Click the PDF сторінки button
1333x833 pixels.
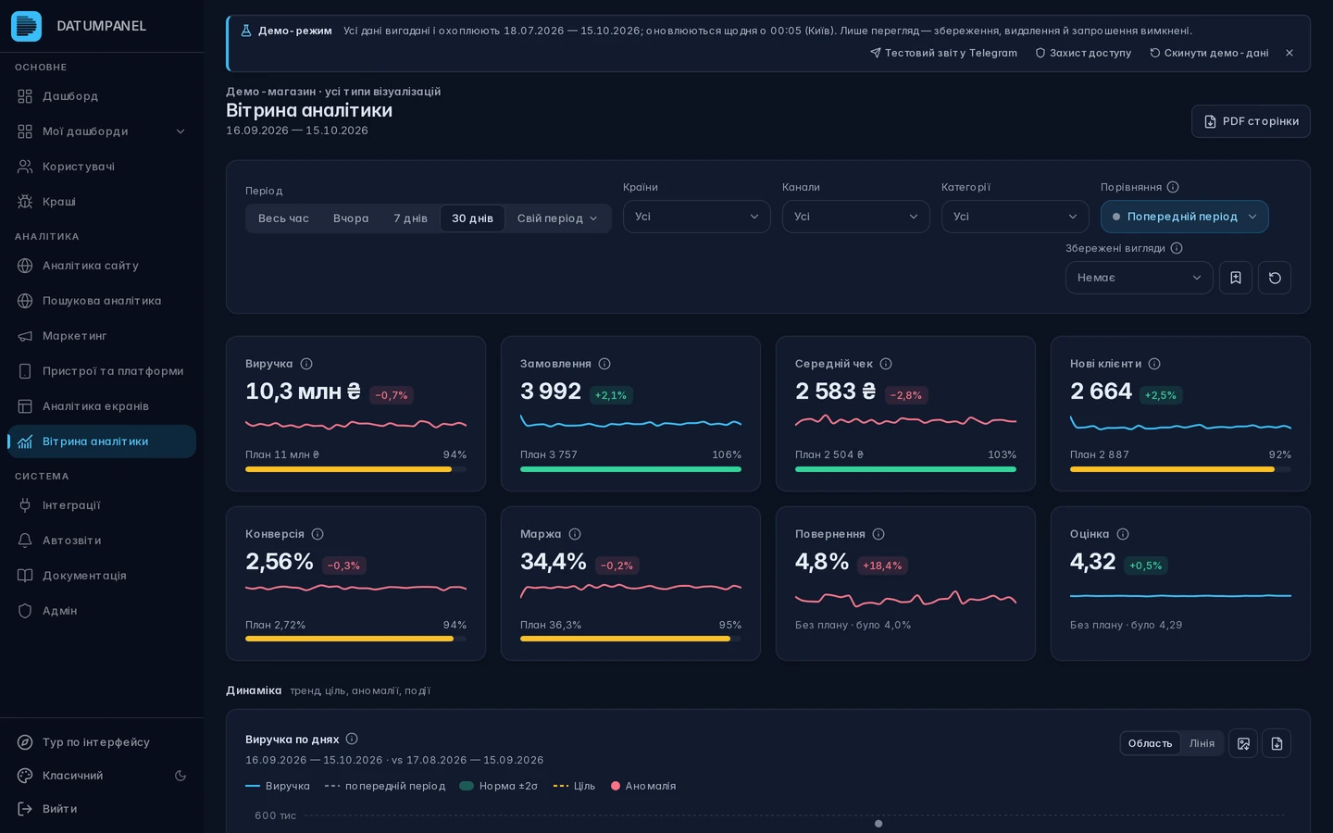coord(1251,121)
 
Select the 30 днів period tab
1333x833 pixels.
coord(472,218)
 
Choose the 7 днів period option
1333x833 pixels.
coord(410,218)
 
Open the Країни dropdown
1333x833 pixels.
coord(696,217)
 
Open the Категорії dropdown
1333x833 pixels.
coord(1015,217)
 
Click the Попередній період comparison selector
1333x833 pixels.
coord(1184,217)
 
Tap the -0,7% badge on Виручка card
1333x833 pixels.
coord(391,395)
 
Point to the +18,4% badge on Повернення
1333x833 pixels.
coord(882,566)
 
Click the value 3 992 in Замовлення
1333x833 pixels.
coord(551,391)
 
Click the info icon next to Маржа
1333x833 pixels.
coord(574,534)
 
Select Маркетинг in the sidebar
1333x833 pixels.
coord(74,336)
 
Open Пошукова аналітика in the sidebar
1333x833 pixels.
coord(102,301)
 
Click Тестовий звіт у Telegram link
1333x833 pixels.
coord(943,53)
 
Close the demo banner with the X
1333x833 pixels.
coord(1289,53)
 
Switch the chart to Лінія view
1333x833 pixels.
coord(1202,743)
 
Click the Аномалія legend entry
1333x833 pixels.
coord(643,786)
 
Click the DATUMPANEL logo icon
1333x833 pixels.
coord(26,26)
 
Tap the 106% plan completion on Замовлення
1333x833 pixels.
coord(727,454)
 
